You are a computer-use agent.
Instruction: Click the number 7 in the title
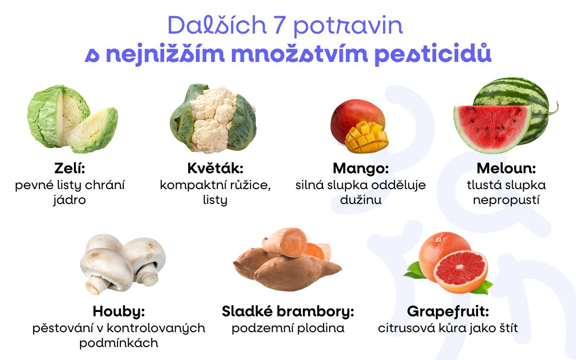(x=279, y=25)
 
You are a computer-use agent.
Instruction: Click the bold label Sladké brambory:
(x=288, y=312)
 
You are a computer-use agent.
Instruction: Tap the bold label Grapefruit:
(x=448, y=312)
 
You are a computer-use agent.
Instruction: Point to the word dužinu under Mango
(x=360, y=200)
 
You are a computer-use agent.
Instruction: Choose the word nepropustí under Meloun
(x=506, y=200)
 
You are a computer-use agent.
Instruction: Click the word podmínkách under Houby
(x=119, y=343)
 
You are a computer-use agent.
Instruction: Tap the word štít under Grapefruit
(x=506, y=328)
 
